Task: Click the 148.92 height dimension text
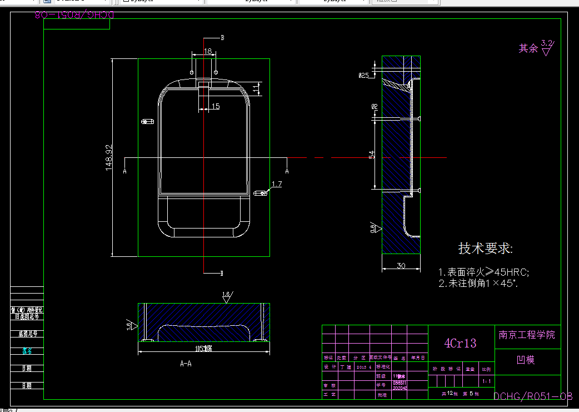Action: (x=109, y=157)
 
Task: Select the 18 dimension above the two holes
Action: (x=208, y=51)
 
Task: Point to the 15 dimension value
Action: (x=216, y=106)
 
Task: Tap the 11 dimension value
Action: (x=256, y=88)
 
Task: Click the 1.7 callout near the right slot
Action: (x=277, y=183)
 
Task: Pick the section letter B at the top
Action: (x=223, y=38)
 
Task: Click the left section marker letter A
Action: (x=124, y=172)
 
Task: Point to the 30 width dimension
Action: (x=401, y=266)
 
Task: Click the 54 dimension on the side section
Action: (x=372, y=155)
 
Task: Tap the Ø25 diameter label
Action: (x=364, y=75)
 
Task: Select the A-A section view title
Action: (x=186, y=364)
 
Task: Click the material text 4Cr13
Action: (x=460, y=343)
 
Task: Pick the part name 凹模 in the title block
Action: (x=526, y=360)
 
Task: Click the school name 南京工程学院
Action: (x=527, y=335)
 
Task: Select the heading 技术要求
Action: (x=485, y=249)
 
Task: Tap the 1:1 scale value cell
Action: (x=487, y=381)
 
